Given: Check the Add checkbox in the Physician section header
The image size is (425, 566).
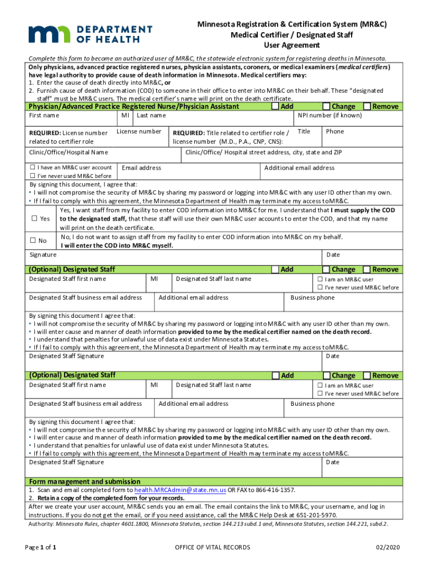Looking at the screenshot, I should (275, 106).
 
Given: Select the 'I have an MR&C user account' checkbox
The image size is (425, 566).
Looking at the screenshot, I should (33, 167).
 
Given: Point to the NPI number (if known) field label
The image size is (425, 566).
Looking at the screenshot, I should (330, 116).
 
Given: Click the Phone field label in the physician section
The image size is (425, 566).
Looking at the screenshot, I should (335, 132).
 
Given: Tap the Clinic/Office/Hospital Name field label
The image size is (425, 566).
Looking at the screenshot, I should (68, 152).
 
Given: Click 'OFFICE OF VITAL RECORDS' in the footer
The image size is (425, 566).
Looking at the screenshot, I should (212, 547).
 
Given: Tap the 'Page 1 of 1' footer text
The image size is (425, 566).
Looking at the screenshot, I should (41, 547).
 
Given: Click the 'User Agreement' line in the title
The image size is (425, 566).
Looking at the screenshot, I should (292, 45).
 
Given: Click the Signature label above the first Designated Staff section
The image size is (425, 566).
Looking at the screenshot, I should (42, 255).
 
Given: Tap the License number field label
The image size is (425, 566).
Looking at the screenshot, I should (139, 132).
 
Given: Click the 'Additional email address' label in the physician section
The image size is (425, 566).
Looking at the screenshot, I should (299, 167).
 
